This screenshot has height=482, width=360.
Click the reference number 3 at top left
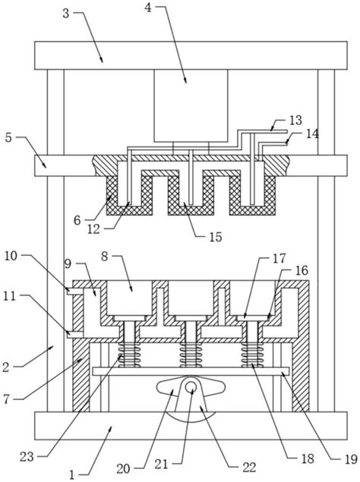(x=66, y=14)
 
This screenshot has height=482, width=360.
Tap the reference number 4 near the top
(x=148, y=8)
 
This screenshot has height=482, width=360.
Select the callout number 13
(x=295, y=120)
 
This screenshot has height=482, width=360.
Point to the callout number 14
(x=312, y=134)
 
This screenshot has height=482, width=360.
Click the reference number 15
(x=216, y=237)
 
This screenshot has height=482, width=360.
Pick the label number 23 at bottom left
(x=27, y=457)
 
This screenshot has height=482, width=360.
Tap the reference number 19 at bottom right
(x=350, y=459)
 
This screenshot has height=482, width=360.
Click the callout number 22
(x=249, y=468)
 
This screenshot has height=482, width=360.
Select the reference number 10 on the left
(x=11, y=256)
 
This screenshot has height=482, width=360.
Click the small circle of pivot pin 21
(x=191, y=386)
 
